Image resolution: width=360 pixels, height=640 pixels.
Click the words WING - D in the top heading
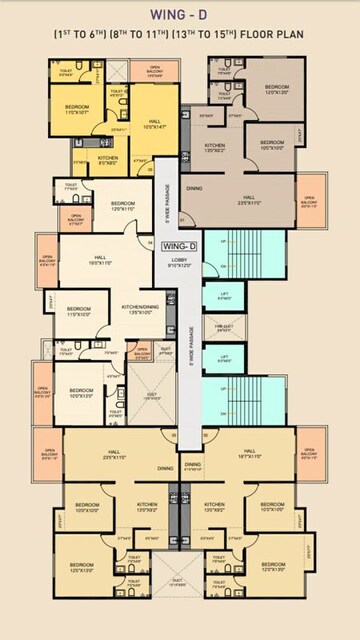point(180,16)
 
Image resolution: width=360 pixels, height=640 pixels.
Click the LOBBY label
point(179,262)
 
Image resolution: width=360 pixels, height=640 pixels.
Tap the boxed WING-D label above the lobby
point(178,245)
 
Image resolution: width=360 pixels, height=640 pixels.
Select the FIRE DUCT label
point(224,326)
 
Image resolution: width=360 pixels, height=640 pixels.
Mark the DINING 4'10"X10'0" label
point(192,466)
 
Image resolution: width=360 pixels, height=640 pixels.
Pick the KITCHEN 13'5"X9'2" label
point(215,147)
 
